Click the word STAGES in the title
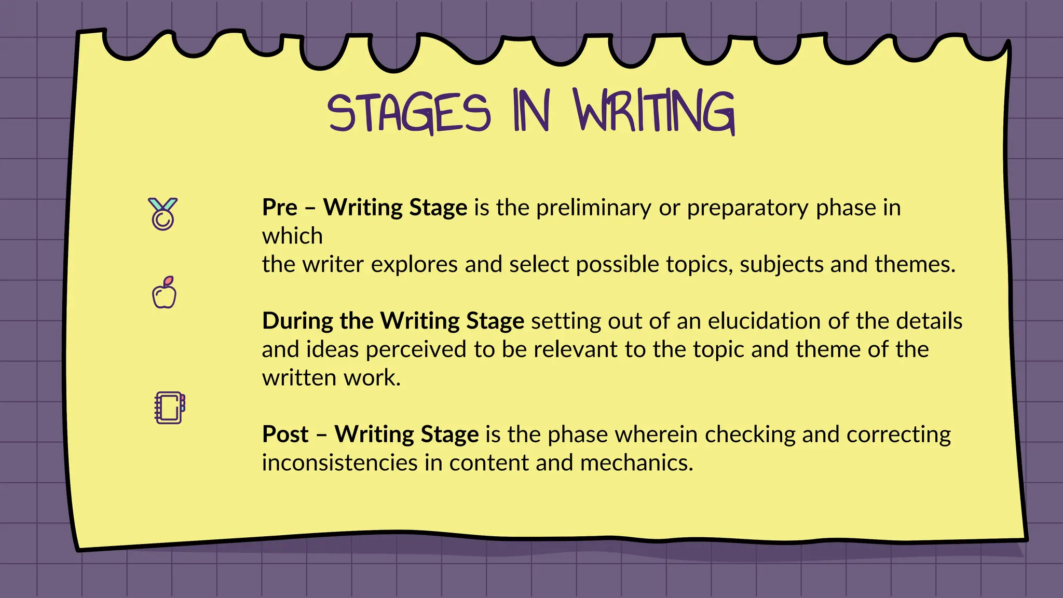pyautogui.click(x=409, y=113)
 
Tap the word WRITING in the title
pyautogui.click(x=655, y=111)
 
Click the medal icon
pyautogui.click(x=162, y=213)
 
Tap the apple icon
pyautogui.click(x=164, y=293)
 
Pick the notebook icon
pyautogui.click(x=170, y=408)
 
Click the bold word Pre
pyautogui.click(x=280, y=208)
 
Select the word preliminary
pyautogui.click(x=593, y=208)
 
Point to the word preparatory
pyautogui.click(x=748, y=208)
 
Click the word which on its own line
pyautogui.click(x=292, y=236)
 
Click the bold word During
pyautogui.click(x=297, y=321)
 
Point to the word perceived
pyautogui.click(x=416, y=349)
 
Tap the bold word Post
pyautogui.click(x=285, y=434)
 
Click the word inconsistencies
pyautogui.click(x=339, y=463)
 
